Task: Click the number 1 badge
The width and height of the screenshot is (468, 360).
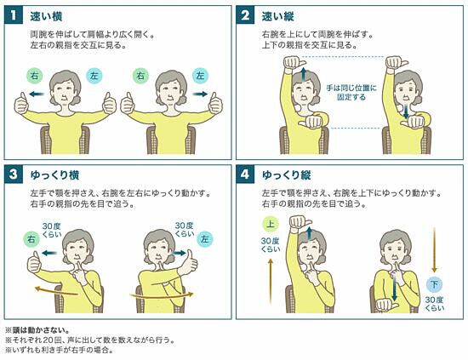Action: (x=14, y=15)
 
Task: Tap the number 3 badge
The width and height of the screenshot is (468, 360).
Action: (x=14, y=174)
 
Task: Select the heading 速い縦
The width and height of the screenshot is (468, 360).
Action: (x=277, y=16)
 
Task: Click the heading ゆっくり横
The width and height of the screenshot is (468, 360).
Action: (x=54, y=175)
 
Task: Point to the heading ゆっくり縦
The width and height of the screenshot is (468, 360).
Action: (x=287, y=175)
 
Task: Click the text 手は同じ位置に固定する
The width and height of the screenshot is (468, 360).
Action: (x=351, y=93)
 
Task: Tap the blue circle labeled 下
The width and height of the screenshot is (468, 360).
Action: (x=434, y=284)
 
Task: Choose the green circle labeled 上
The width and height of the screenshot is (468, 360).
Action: (x=271, y=224)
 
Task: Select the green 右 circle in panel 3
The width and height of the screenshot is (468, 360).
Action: (x=31, y=239)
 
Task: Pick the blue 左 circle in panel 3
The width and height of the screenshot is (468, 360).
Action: (x=205, y=239)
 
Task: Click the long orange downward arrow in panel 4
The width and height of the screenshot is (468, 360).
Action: (x=434, y=250)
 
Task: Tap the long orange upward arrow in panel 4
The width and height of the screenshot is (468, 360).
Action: (x=271, y=281)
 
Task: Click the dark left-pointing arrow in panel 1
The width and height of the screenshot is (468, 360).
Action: (x=37, y=94)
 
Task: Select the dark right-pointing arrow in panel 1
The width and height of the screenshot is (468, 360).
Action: (x=200, y=94)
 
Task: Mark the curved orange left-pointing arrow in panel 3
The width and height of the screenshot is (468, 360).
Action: (x=56, y=291)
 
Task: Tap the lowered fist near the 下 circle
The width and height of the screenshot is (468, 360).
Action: (x=386, y=305)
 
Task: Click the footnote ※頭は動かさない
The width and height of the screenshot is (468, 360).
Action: (x=37, y=330)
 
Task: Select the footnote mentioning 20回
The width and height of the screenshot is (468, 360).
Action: (x=89, y=340)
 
